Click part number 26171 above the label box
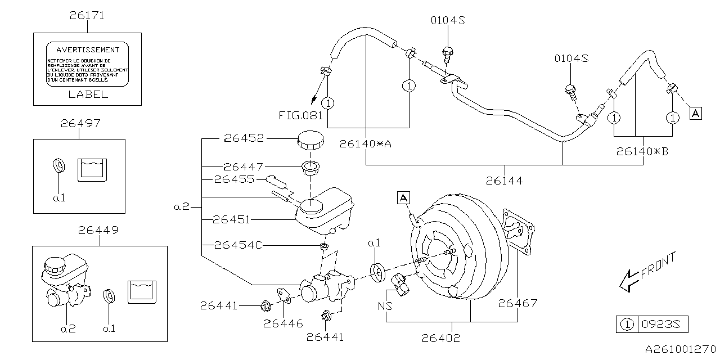pos(87,16)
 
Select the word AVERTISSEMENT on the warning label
pos(87,50)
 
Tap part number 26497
pos(81,123)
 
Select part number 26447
pos(242,166)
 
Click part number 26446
pos(283,323)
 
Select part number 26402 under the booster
pos(441,338)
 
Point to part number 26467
pos(517,304)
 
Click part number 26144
pos(504,181)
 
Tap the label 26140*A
pos(365,143)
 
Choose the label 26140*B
pos(642,151)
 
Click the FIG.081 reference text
pos(301,116)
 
